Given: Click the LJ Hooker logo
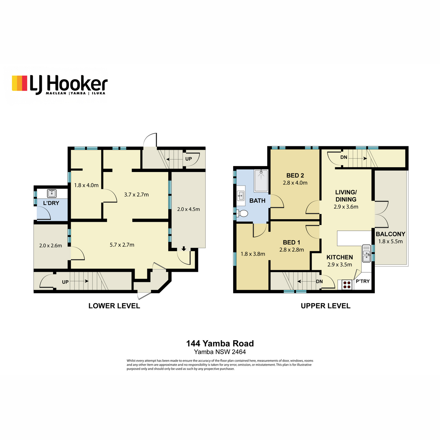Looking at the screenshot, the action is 60,85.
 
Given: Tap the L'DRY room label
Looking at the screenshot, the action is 51,203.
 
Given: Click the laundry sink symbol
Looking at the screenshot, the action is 52,193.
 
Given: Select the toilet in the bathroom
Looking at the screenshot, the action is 242,213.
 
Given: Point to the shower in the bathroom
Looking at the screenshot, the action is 261,180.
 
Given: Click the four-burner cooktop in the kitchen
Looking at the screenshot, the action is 346,285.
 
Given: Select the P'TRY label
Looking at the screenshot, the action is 363,281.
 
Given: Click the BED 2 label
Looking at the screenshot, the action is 295,175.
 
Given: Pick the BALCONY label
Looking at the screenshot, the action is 390,234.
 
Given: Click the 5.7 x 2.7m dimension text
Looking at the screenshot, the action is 122,245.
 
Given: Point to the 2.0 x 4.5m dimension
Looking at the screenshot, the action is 188,209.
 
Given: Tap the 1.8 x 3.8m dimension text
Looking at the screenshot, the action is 253,254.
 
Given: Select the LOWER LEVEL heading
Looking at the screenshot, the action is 114,306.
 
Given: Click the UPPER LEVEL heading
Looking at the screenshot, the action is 325,306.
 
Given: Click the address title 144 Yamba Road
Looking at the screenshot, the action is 220,344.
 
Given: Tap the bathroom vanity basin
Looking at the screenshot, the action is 241,196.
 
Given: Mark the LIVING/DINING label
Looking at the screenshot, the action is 346,196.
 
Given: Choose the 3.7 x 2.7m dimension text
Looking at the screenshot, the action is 136,195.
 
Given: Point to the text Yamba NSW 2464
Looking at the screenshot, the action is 220,352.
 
